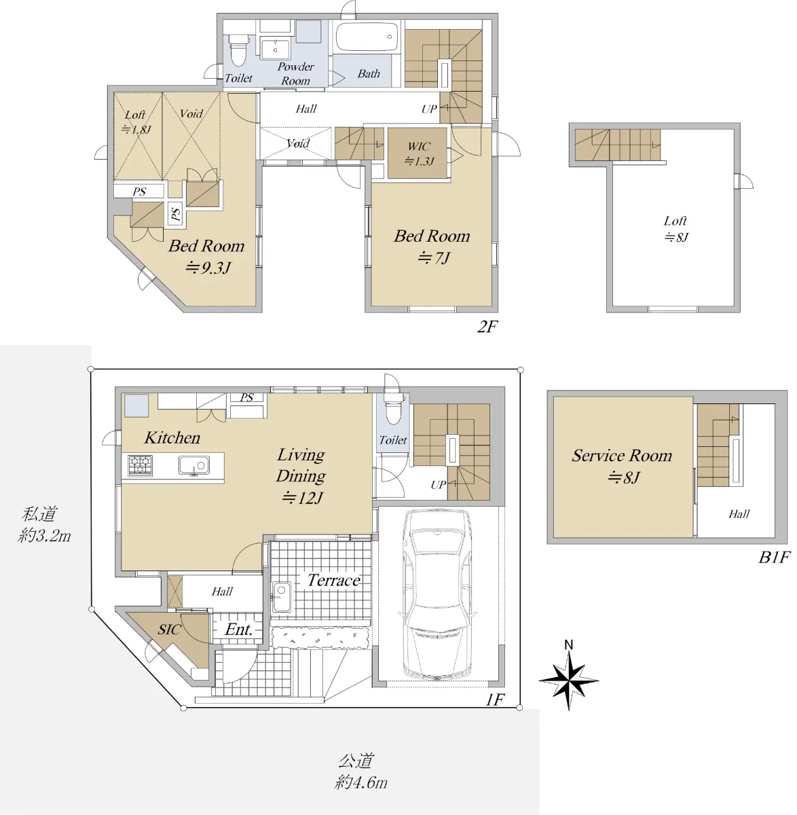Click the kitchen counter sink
[194, 465]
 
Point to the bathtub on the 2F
[367, 37]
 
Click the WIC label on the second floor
[419, 153]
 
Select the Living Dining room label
[301, 476]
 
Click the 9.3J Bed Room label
[207, 256]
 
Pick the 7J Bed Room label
[432, 247]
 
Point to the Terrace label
[334, 580]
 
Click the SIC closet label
[169, 630]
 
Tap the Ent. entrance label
[238, 630]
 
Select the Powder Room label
[295, 74]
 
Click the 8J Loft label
[675, 229]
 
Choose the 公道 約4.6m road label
[360, 772]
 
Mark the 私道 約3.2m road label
[44, 525]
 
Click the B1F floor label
[774, 558]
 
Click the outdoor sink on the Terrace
[281, 597]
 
